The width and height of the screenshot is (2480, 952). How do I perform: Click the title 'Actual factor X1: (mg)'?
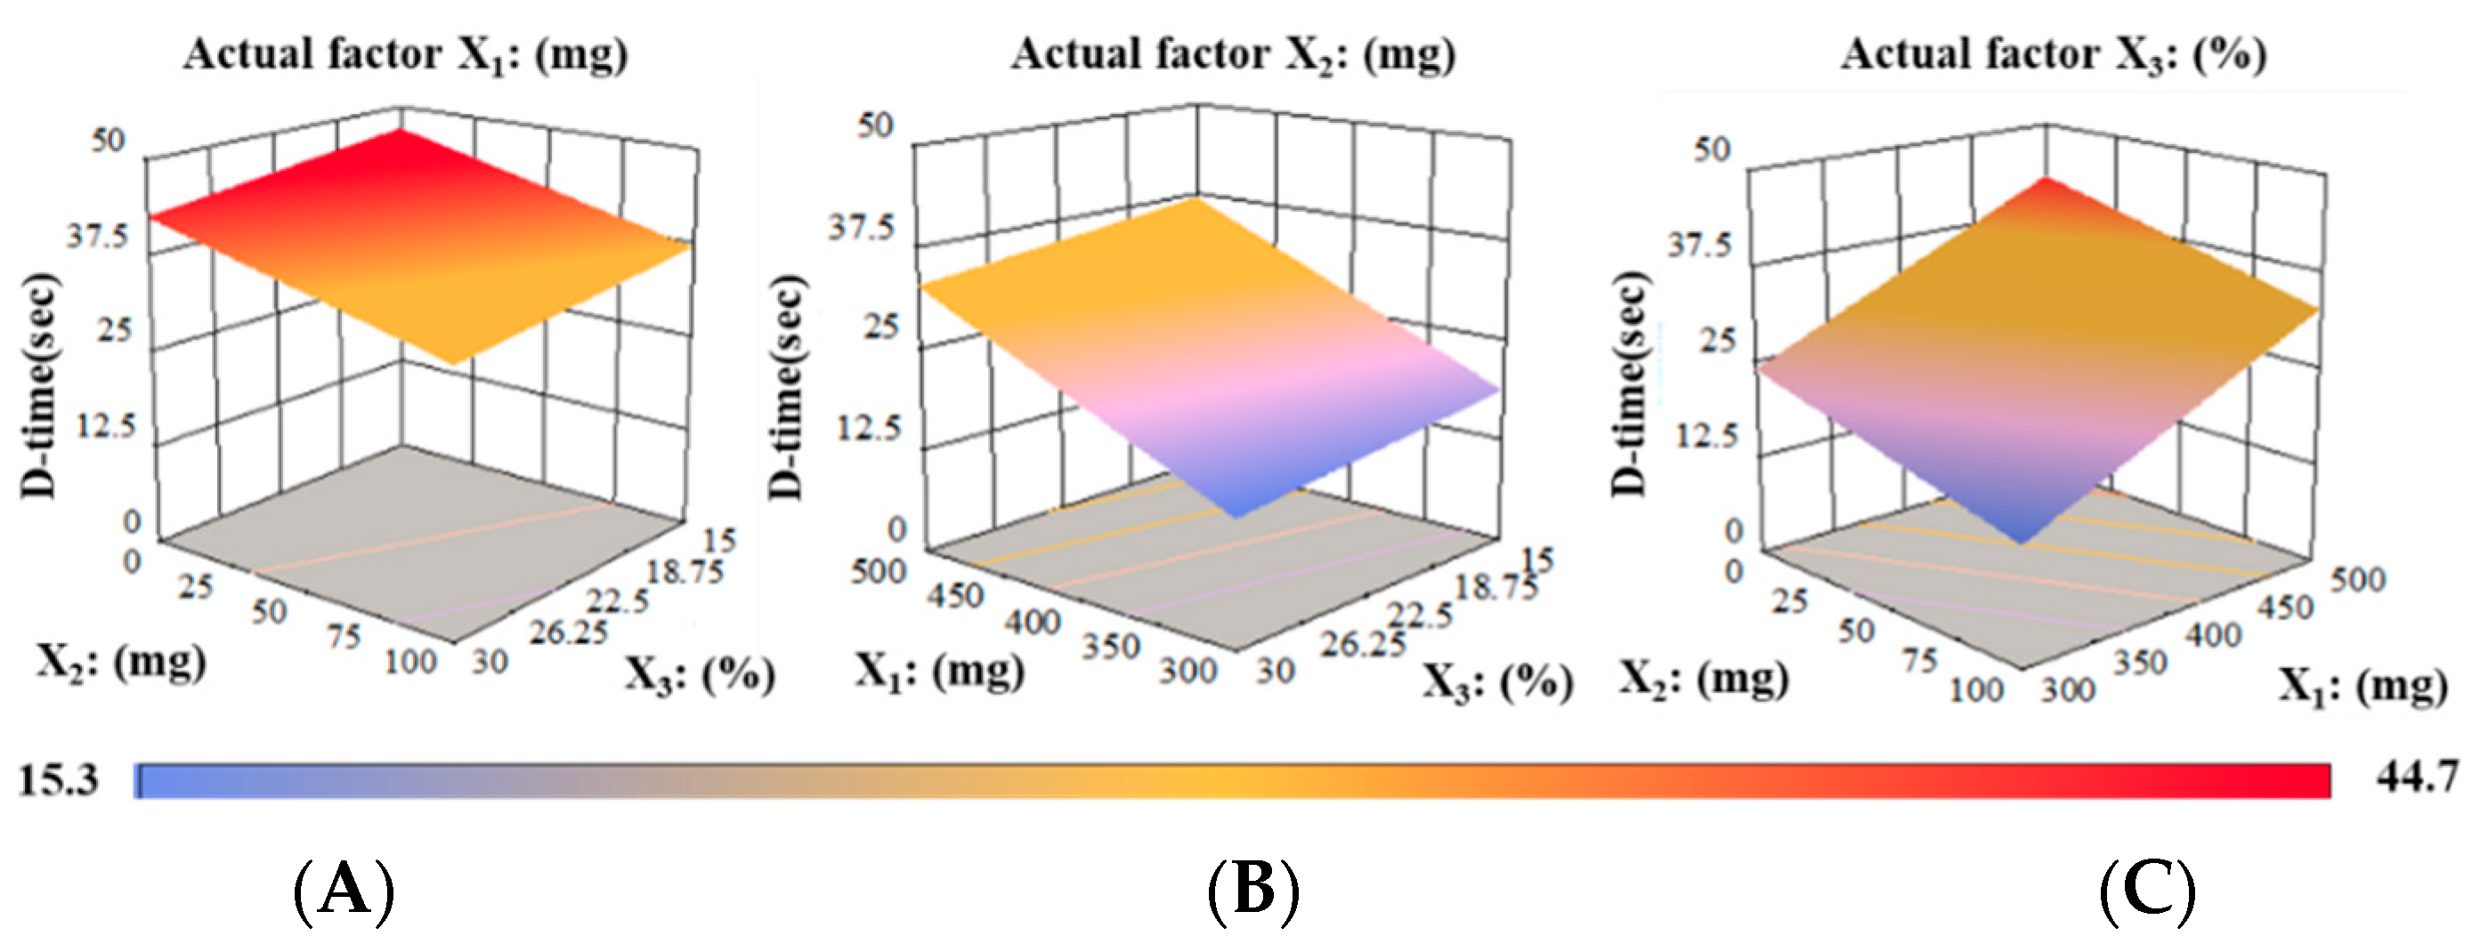[405, 54]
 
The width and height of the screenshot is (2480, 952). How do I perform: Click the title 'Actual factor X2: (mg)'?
[1232, 54]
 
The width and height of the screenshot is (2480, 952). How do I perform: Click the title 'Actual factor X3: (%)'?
[2054, 54]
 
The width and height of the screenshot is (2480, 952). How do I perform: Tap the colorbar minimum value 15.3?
[59, 779]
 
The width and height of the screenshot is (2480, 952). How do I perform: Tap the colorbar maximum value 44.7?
[2418, 776]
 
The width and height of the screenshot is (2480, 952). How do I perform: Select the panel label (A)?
[344, 891]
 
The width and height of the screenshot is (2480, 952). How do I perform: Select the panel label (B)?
[1252, 891]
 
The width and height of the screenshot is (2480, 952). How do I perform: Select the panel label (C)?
[2147, 891]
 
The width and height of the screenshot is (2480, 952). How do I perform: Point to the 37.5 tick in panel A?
[97, 236]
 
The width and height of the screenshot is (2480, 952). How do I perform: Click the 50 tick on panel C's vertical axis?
[1712, 149]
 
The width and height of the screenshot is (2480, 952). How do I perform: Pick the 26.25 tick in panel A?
[569, 633]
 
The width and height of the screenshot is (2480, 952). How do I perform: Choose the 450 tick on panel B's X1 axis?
[955, 596]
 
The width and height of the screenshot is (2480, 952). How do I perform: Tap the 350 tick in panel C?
[2139, 663]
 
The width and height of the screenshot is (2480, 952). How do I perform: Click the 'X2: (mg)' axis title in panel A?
[121, 662]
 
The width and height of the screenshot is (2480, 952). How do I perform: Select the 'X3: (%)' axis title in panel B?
[1498, 682]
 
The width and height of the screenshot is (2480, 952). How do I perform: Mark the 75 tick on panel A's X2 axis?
[344, 636]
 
